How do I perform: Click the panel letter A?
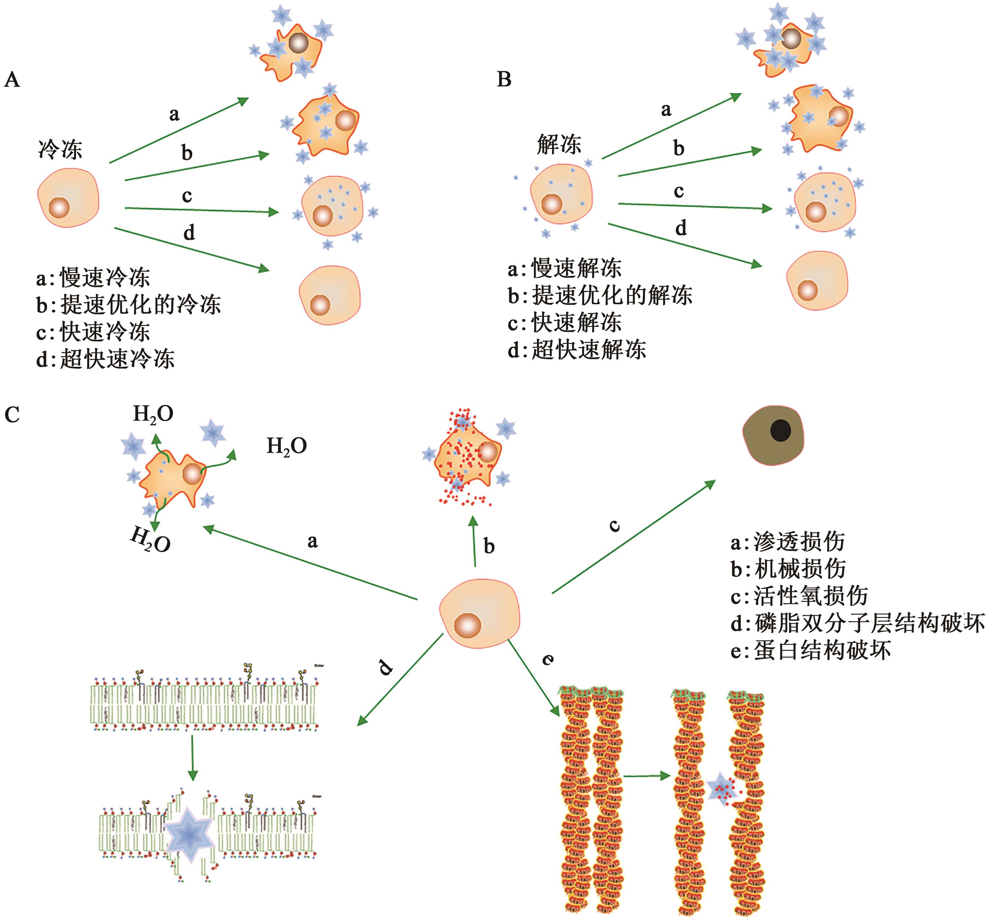point(12,80)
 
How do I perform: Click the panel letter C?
point(12,415)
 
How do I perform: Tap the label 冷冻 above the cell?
point(60,149)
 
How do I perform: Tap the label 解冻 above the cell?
point(559,145)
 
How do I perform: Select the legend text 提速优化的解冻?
point(612,296)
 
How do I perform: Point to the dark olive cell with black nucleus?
point(773,435)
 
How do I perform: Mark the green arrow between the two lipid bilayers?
point(193,757)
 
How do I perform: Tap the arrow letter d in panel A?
point(189,233)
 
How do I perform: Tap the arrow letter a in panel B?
point(666,110)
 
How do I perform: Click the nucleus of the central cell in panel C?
point(467,625)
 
